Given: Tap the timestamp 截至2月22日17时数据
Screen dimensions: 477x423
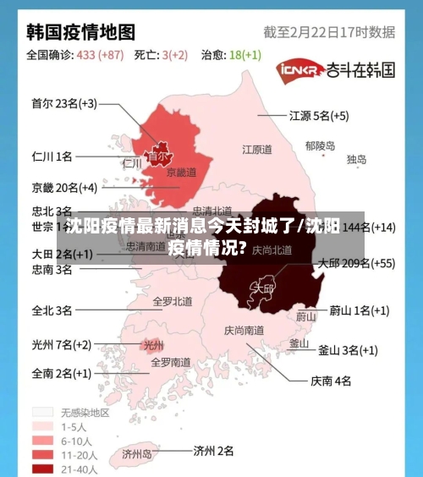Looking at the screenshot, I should coord(329,32).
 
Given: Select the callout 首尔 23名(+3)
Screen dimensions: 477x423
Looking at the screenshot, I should coord(64,104).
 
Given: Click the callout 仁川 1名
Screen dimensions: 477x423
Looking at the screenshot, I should coord(52,156).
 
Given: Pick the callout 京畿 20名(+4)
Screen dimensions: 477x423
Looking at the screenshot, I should coord(64,187).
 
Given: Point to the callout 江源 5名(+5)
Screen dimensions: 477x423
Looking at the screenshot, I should coord(319,115).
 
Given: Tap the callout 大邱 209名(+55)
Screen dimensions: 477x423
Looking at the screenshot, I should coord(355,263).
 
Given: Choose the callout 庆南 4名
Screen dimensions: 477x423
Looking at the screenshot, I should coord(331,381).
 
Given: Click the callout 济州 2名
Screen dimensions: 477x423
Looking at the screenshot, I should coord(213,451).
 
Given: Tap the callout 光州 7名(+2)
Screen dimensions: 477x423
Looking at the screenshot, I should coord(61,344).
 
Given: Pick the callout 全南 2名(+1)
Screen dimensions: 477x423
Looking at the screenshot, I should coord(61,372).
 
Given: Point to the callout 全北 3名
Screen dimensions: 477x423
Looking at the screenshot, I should coord(52,310).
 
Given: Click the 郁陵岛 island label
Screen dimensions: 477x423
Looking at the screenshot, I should coord(320,145).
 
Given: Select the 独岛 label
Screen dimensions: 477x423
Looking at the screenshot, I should coord(356,159).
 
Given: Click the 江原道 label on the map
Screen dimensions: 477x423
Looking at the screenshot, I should coord(257,150).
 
